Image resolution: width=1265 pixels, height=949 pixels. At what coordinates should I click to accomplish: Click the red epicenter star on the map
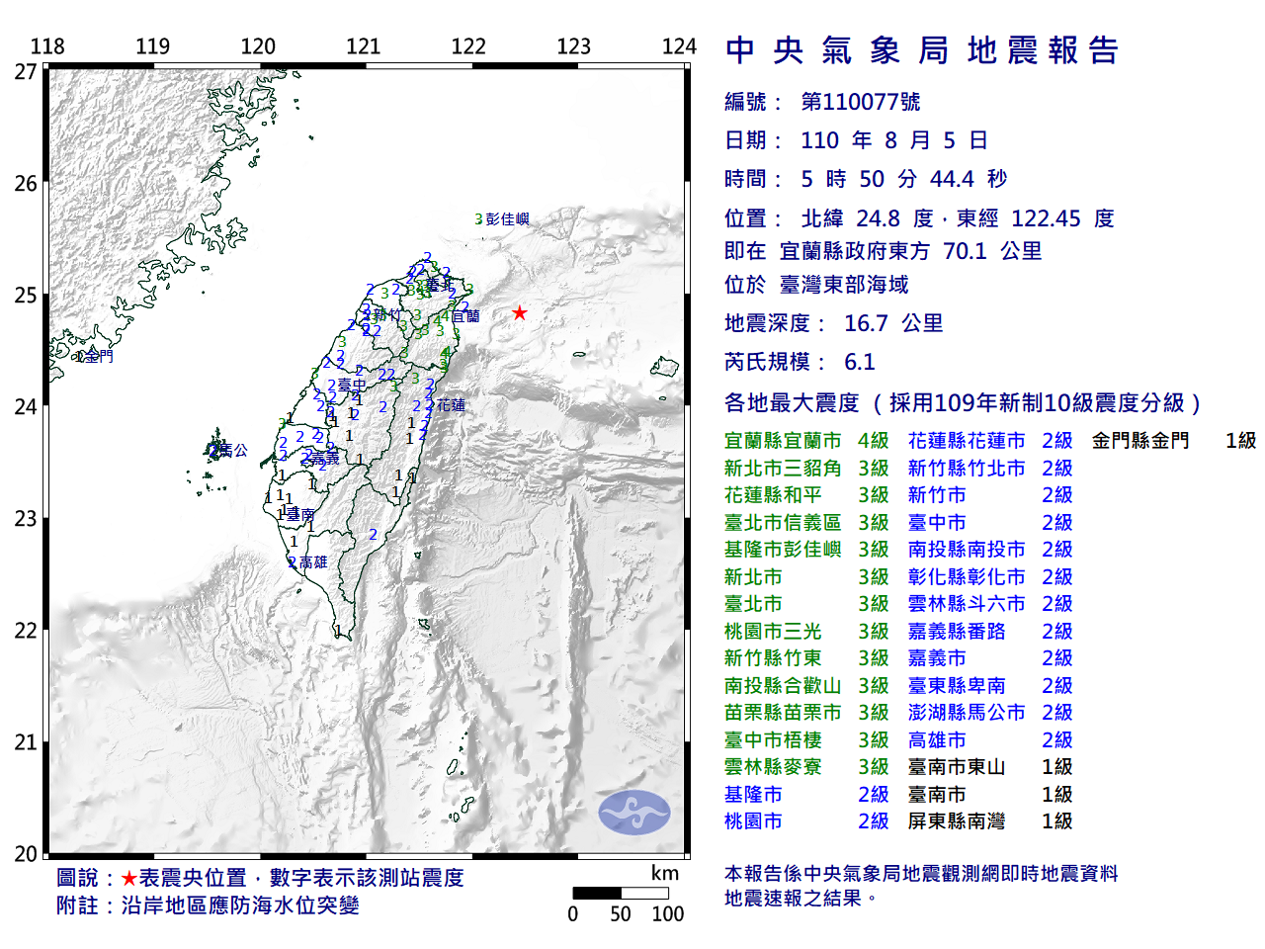(519, 313)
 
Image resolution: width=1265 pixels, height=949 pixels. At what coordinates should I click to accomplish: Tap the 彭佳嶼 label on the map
(507, 219)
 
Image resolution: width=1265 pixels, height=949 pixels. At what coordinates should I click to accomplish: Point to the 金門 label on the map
(98, 356)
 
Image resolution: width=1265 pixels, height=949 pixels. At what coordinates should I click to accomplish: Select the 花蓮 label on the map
(451, 405)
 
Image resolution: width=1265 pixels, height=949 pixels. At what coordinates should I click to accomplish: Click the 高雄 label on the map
(312, 562)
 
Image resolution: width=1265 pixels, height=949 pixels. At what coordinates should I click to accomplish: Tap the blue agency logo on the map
(633, 813)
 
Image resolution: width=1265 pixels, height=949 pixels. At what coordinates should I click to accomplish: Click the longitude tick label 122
(468, 46)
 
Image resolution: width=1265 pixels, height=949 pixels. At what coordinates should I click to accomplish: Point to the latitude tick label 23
(26, 519)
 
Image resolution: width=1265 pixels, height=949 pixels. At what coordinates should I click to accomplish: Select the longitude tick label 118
(47, 46)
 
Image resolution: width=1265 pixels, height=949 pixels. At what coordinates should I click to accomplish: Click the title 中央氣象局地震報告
(921, 50)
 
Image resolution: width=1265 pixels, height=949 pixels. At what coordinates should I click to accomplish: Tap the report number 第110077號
(860, 102)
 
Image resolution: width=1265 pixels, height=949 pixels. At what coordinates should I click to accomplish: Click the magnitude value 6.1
(859, 362)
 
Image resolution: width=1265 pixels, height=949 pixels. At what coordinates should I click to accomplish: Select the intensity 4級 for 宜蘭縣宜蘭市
(873, 441)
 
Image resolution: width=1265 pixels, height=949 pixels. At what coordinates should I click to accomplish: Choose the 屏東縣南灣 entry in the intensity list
(956, 821)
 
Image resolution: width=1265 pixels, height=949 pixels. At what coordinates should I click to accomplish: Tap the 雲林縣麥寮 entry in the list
(773, 767)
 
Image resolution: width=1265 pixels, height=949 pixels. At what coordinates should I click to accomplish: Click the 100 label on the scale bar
(667, 914)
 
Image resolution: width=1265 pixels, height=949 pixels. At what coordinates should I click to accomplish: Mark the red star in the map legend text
(129, 879)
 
